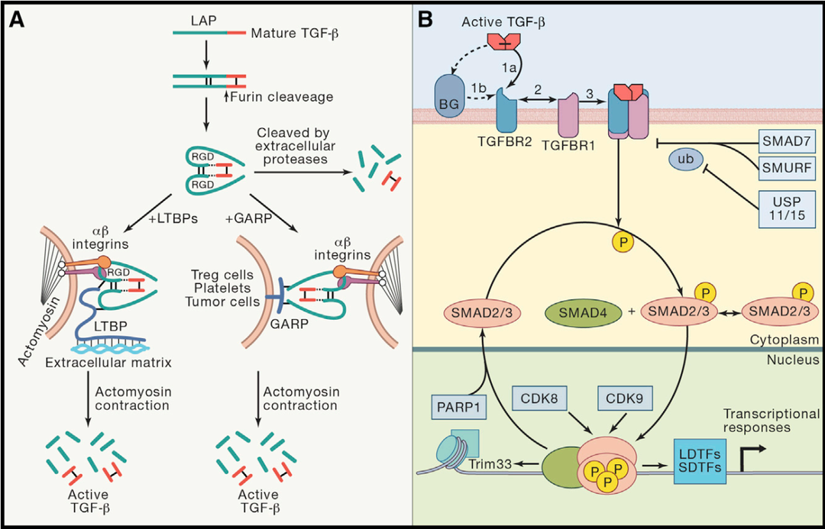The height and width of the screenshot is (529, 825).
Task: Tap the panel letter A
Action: [16, 20]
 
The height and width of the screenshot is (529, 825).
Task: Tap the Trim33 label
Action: [487, 463]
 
